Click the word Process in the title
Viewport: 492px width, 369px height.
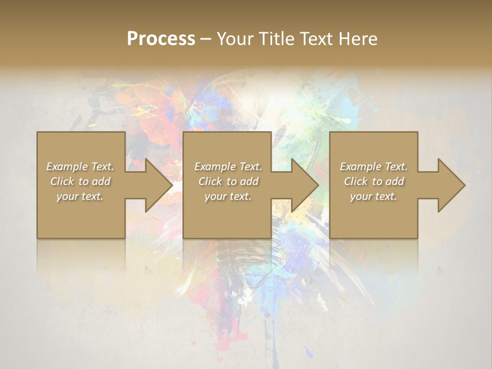[161, 38]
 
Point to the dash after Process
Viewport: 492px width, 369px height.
[206, 39]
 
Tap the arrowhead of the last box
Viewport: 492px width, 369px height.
[450, 185]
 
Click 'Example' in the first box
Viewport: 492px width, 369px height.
[67, 167]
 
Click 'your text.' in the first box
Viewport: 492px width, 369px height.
[80, 196]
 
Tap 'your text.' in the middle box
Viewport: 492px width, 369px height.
[228, 196]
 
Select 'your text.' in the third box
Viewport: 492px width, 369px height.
[374, 196]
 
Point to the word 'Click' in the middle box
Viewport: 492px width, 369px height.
[210, 181]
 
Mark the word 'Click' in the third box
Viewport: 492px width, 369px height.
[355, 181]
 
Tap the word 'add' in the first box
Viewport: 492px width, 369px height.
[101, 181]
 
